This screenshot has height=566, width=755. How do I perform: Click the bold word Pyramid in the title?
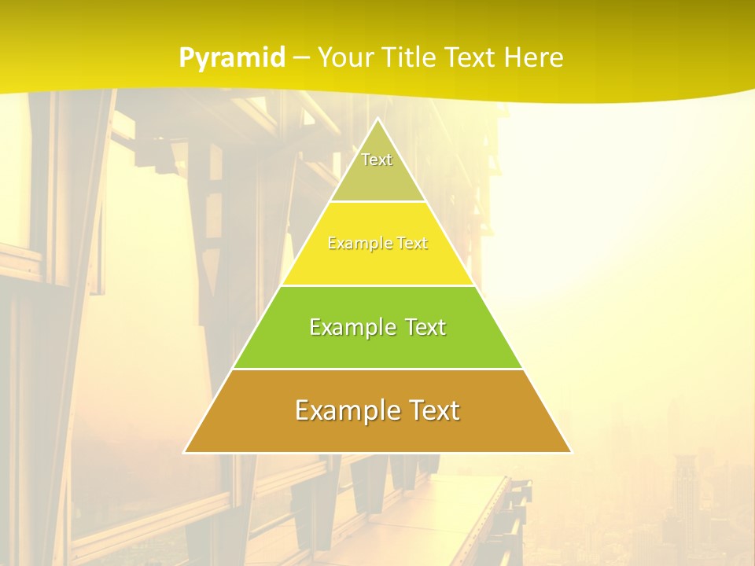pyautogui.click(x=232, y=58)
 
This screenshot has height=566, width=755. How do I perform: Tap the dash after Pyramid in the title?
pyautogui.click(x=301, y=58)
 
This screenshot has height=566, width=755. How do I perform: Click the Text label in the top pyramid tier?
pyautogui.click(x=377, y=160)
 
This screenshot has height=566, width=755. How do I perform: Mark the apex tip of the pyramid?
pyautogui.click(x=377, y=119)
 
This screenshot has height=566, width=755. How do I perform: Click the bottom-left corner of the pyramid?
pyautogui.click(x=185, y=452)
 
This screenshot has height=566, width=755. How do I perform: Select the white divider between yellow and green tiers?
pyautogui.click(x=377, y=285)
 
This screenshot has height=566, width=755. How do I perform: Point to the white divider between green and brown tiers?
pyautogui.click(x=377, y=369)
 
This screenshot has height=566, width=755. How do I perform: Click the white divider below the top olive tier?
pyautogui.click(x=377, y=202)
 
